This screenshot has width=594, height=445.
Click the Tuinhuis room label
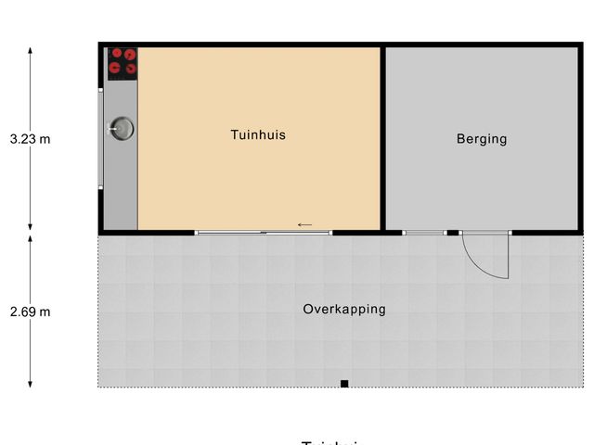(258, 135)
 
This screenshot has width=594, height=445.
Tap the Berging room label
(482, 139)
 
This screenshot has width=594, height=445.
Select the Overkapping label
(343, 310)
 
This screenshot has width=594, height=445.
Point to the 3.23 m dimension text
(30, 139)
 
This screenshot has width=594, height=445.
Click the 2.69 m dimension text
(30, 311)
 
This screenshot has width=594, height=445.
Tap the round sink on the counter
(121, 129)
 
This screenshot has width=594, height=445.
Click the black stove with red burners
(122, 63)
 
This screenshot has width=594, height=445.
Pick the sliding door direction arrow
(304, 224)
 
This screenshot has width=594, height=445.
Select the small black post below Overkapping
(343, 383)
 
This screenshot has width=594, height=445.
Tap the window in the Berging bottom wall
(425, 232)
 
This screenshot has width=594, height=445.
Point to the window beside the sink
(100, 138)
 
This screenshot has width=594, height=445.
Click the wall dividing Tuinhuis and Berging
(382, 137)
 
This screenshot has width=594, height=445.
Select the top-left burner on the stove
(116, 54)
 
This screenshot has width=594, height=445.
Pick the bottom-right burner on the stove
(130, 68)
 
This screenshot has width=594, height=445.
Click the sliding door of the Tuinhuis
(264, 232)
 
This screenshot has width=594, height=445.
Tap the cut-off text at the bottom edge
(329, 442)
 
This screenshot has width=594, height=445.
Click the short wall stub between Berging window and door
(453, 232)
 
